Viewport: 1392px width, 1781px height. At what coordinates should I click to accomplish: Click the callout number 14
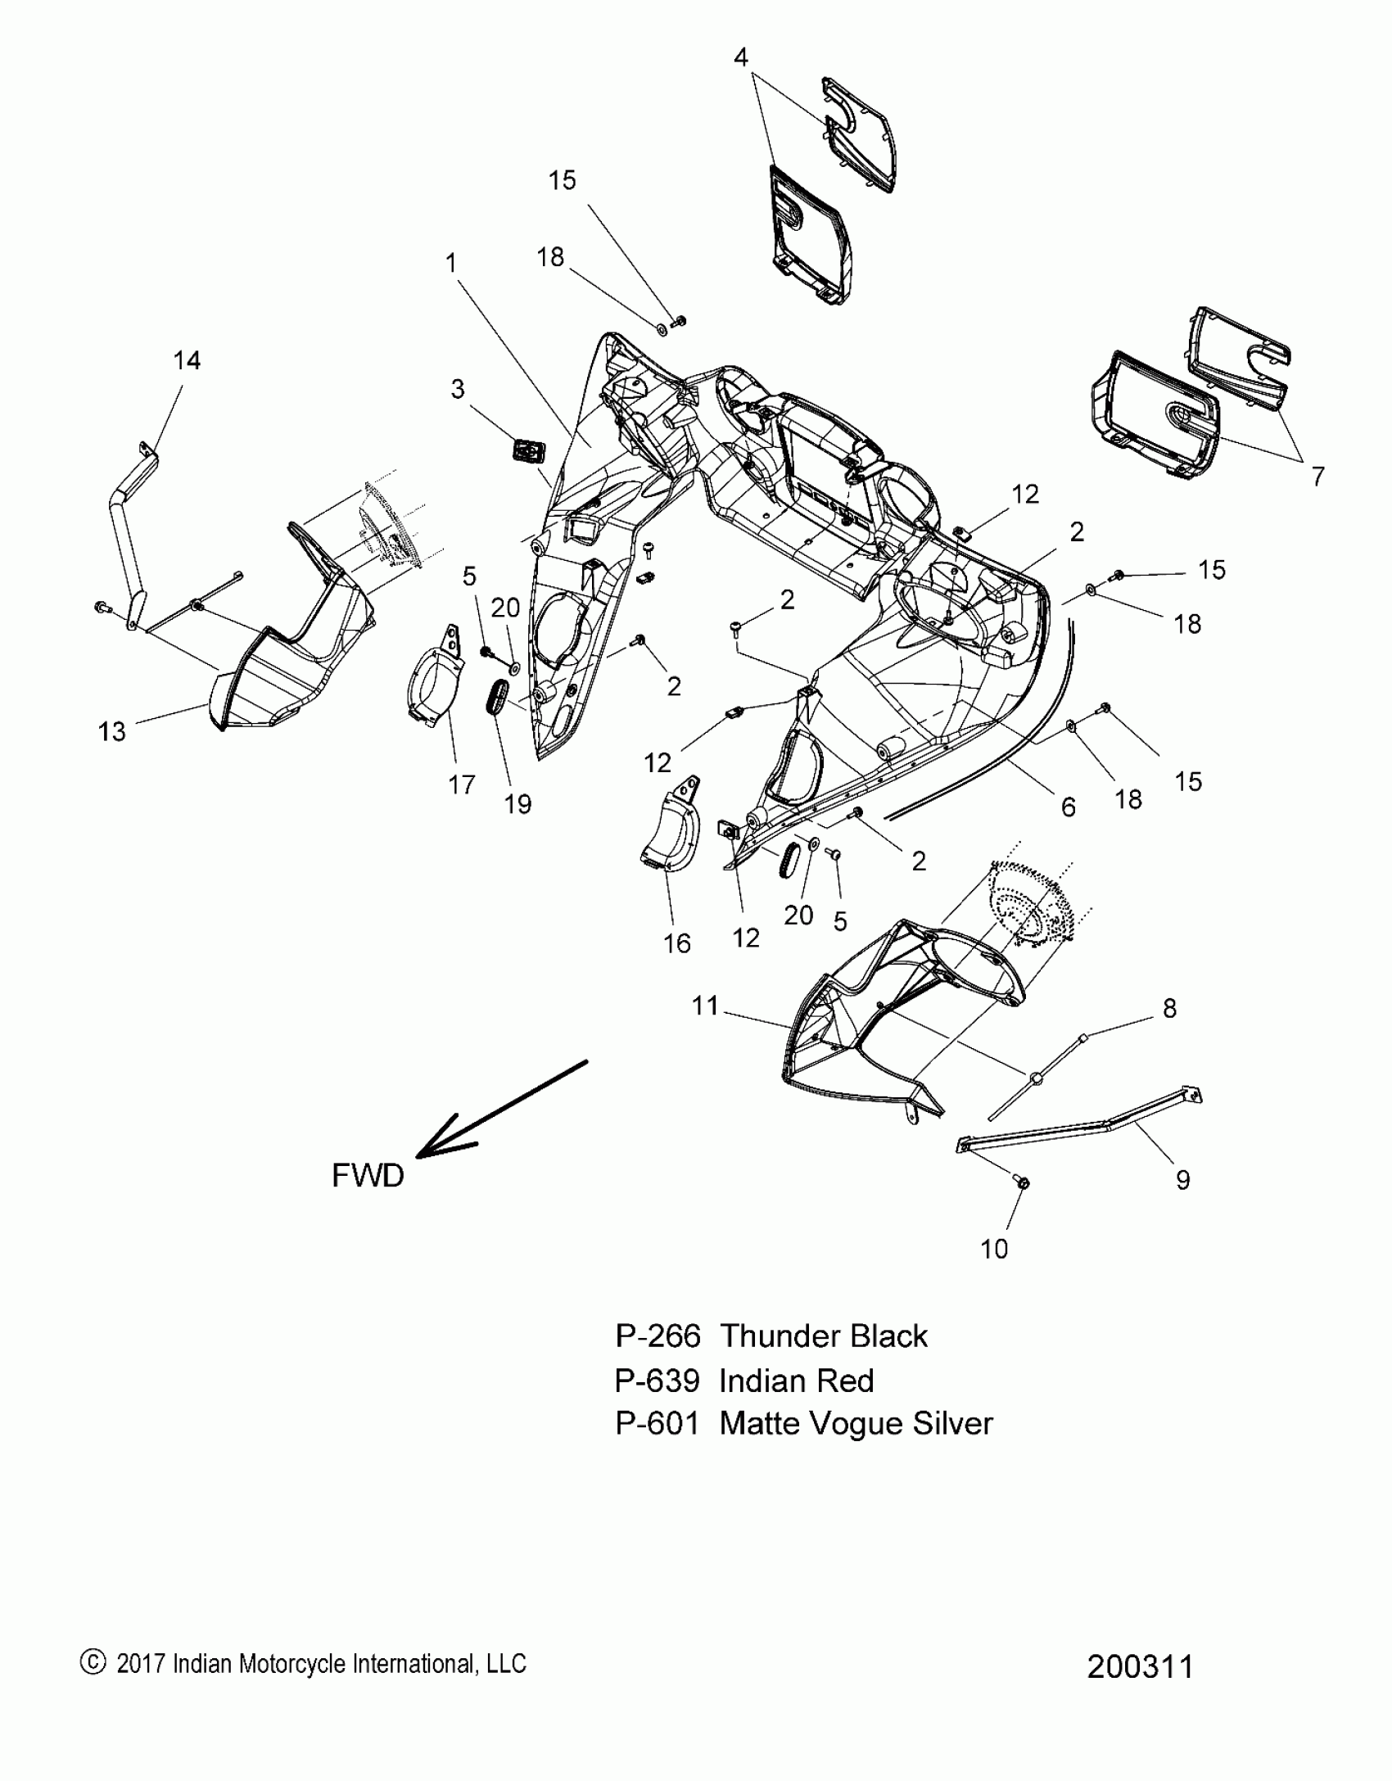click(187, 360)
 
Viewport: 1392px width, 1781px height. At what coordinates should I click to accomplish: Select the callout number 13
click(112, 731)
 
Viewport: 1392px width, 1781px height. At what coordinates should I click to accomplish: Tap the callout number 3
click(458, 389)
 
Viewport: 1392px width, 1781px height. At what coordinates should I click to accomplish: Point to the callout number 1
click(451, 263)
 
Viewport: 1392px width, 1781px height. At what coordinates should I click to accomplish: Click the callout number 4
click(740, 57)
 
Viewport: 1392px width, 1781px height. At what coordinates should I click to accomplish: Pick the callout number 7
click(1317, 476)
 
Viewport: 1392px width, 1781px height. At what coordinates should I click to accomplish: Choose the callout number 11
click(705, 1006)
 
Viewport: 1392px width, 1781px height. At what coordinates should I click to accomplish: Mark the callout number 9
click(1182, 1179)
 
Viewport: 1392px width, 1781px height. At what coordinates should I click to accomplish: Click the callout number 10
click(994, 1249)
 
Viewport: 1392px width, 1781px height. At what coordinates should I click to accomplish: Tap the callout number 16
click(677, 943)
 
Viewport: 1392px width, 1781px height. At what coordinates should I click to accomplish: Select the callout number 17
click(462, 784)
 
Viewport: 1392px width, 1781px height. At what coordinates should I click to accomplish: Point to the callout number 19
click(517, 804)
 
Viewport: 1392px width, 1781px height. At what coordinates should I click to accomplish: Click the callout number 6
click(1068, 807)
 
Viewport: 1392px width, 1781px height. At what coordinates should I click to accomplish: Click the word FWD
click(368, 1175)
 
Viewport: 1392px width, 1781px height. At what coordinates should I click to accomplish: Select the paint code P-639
click(658, 1381)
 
